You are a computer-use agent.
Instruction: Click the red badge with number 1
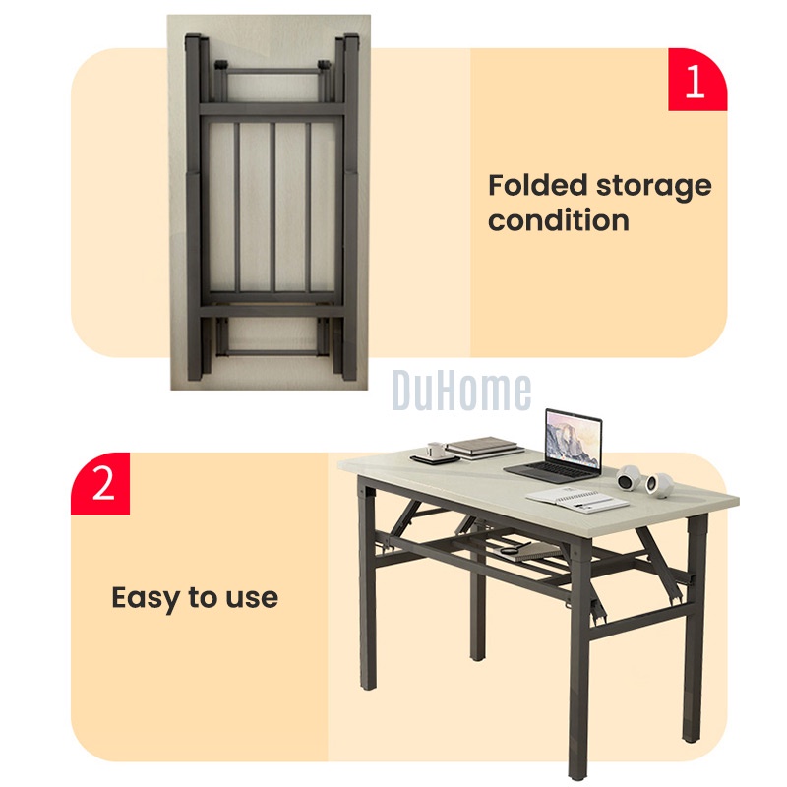[697, 80]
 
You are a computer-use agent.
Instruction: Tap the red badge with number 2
[100, 483]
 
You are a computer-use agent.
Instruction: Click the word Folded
[538, 185]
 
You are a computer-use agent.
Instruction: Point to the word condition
[559, 220]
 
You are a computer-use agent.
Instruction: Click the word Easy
[146, 599]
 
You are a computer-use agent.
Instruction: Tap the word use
[252, 599]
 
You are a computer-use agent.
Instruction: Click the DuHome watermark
[461, 390]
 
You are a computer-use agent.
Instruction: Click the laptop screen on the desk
[574, 438]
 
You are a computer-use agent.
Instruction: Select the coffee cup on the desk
[436, 450]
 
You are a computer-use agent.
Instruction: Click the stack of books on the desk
[482, 448]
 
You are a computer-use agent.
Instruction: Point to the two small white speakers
[645, 480]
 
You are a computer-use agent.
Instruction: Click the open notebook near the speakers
[577, 500]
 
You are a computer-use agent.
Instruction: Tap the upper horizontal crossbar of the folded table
[272, 109]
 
